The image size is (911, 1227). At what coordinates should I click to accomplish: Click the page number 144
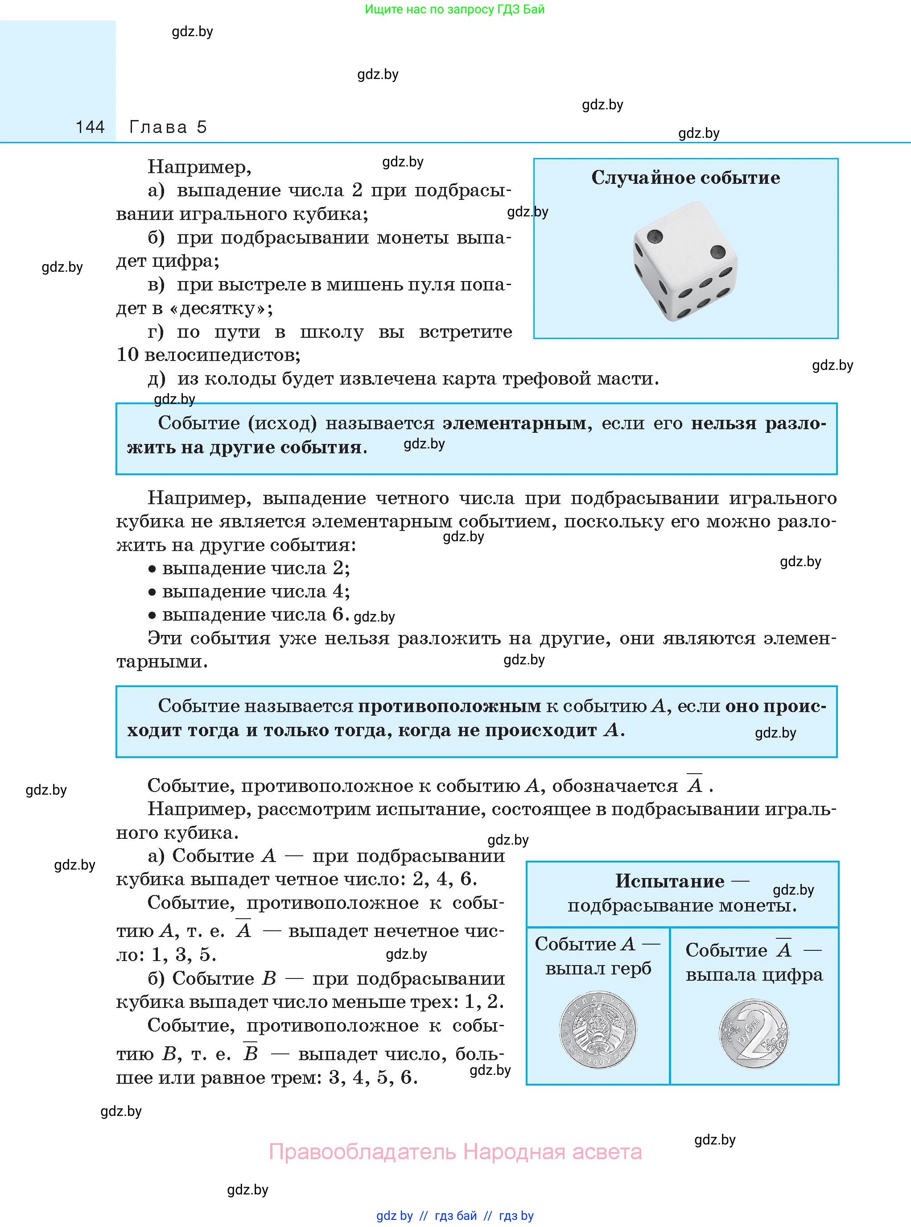(90, 128)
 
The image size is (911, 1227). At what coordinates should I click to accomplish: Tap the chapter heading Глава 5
(168, 128)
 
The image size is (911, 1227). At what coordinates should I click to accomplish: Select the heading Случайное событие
(685, 178)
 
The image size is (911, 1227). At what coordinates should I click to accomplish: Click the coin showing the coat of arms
(598, 1029)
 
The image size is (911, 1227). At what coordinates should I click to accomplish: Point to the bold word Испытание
(669, 881)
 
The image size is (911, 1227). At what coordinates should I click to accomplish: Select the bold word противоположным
(449, 706)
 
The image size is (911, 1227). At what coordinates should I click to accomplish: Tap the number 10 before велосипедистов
(128, 355)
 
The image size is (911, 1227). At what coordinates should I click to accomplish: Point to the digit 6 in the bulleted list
(338, 614)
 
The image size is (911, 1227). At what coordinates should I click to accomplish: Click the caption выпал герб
(598, 968)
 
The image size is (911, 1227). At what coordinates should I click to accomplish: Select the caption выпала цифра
(754, 975)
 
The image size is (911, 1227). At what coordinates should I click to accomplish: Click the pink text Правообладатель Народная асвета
(455, 1152)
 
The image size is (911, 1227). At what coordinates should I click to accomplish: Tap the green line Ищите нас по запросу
(454, 9)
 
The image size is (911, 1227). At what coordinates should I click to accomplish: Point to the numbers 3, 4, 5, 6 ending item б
(373, 1077)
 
